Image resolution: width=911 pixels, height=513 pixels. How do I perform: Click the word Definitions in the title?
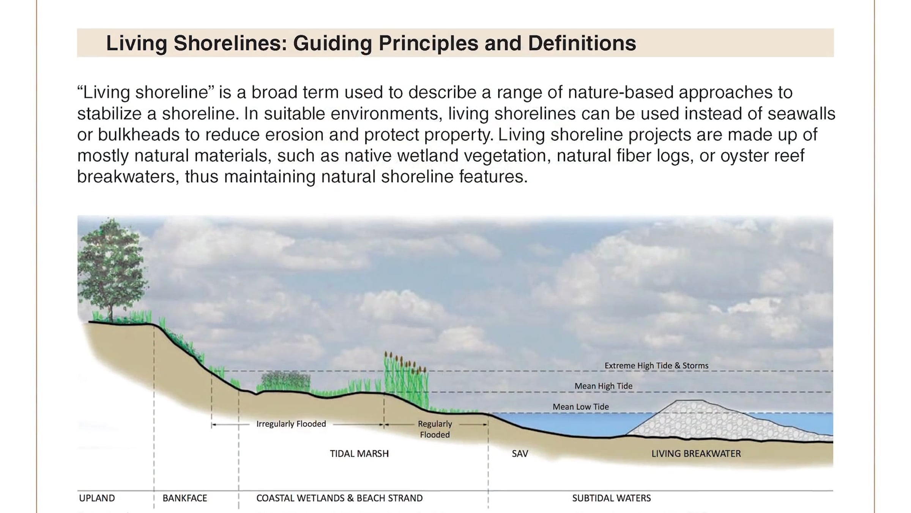click(582, 43)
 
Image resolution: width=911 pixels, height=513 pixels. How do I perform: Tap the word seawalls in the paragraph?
click(801, 114)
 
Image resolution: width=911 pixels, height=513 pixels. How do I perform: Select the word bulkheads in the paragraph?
click(139, 135)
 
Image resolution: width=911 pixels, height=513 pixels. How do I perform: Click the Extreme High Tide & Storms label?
click(656, 366)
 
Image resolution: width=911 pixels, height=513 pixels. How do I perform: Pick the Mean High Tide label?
click(603, 386)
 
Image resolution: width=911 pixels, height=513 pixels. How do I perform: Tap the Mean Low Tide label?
click(580, 407)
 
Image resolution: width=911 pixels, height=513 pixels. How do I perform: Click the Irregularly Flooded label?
click(291, 424)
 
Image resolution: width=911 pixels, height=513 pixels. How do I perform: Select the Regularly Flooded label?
click(435, 429)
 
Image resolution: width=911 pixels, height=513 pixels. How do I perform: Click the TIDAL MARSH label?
click(359, 454)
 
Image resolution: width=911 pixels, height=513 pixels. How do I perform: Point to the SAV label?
click(520, 454)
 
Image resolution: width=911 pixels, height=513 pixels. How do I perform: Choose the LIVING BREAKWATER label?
click(696, 454)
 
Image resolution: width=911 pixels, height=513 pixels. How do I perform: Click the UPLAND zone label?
click(97, 498)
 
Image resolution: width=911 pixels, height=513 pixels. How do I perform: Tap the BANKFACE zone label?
click(185, 498)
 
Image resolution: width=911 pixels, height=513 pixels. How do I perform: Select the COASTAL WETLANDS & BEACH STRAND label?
click(339, 498)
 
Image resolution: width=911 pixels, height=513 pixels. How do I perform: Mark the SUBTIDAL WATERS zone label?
click(612, 498)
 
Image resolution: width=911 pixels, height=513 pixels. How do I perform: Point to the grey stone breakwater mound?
click(721, 422)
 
